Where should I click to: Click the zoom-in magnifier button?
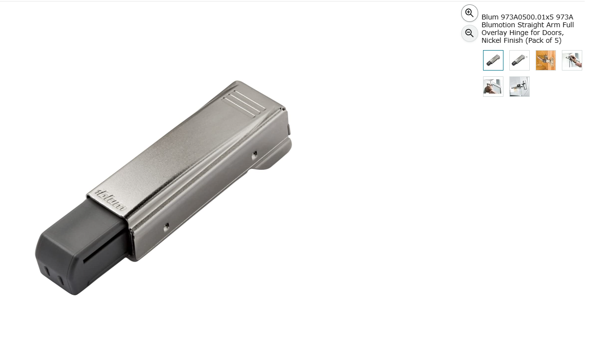click(x=469, y=13)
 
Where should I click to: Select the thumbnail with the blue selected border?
click(x=493, y=60)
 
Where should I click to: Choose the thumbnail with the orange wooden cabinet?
click(x=545, y=60)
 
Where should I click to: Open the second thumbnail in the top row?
click(x=520, y=60)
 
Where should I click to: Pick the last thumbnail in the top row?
click(x=572, y=60)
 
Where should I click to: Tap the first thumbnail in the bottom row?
click(x=493, y=87)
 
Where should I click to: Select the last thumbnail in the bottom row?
click(x=520, y=87)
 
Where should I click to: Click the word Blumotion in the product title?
click(x=499, y=25)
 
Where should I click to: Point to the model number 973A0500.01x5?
click(x=527, y=17)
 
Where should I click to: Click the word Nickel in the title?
click(x=491, y=40)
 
